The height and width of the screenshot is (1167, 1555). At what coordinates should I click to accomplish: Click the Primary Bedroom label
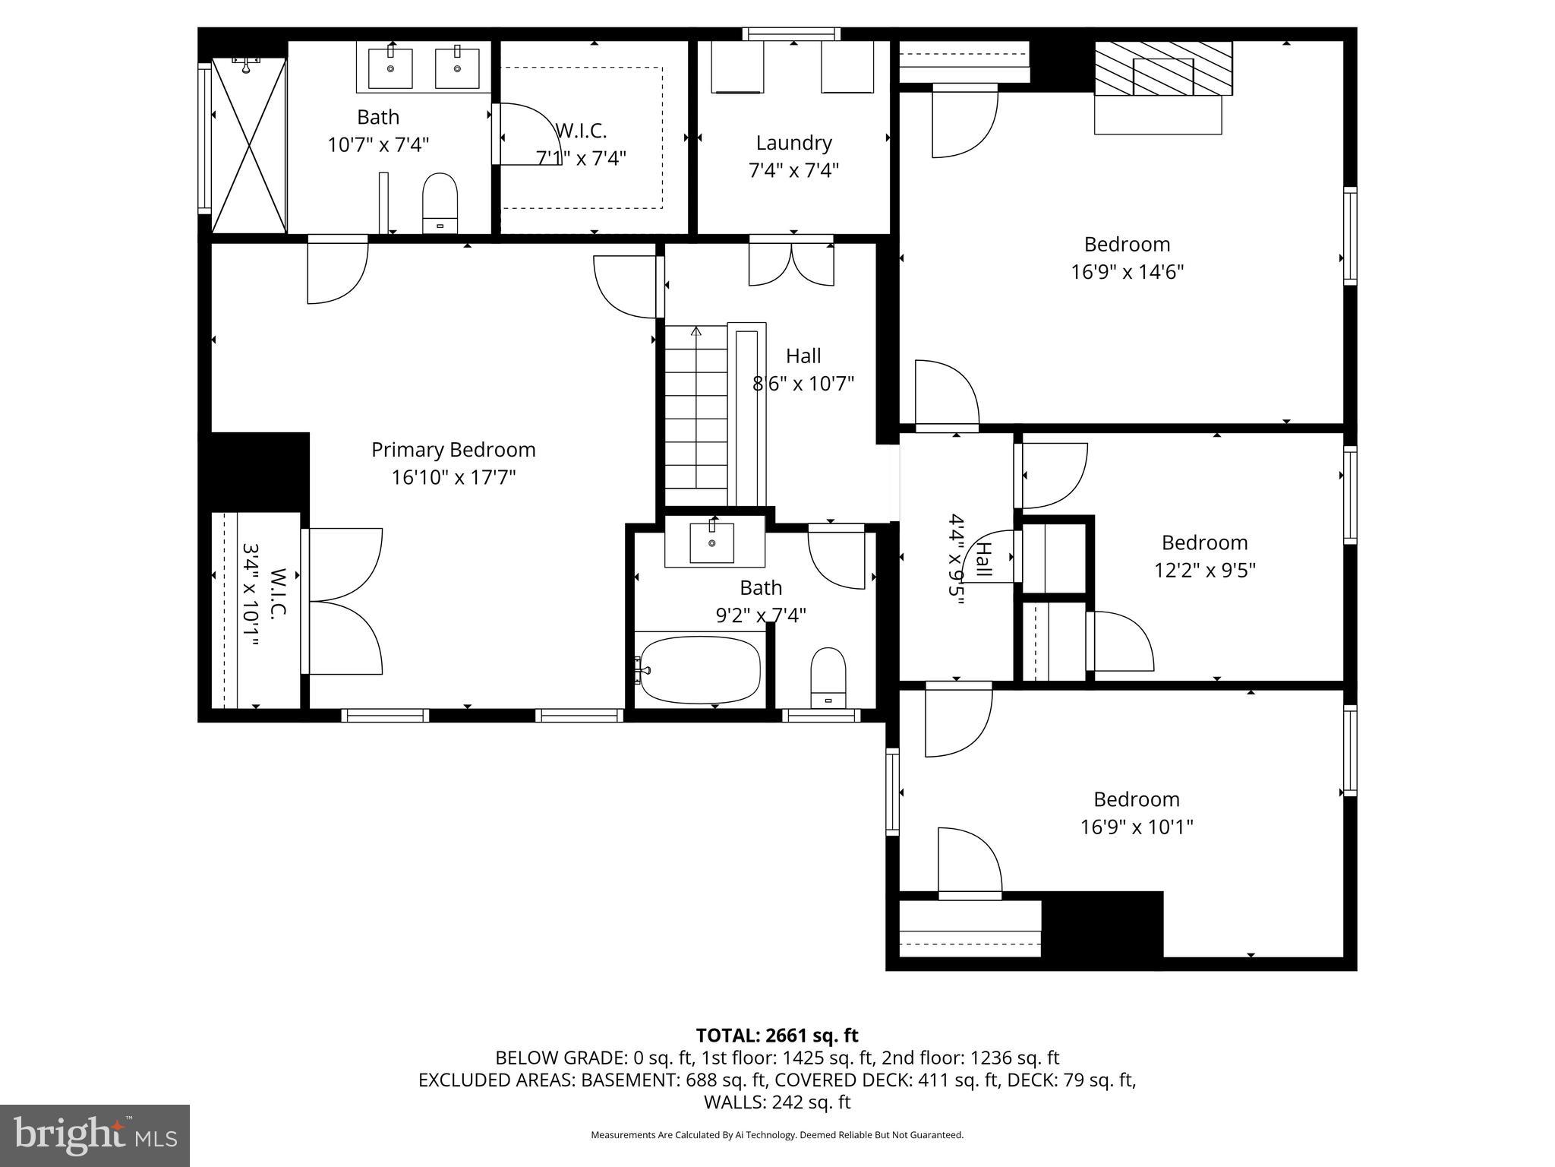[453, 450]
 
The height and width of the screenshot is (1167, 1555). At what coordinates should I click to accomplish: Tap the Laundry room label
[793, 143]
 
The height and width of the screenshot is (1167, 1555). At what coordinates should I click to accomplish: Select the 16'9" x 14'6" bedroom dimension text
[1127, 272]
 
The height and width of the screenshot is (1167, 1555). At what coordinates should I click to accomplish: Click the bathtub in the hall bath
[699, 669]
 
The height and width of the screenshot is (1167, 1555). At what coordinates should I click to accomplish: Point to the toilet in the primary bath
[440, 201]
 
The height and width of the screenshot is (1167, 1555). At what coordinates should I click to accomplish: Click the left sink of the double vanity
[390, 68]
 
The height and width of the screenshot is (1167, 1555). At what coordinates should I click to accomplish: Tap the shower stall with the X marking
[249, 144]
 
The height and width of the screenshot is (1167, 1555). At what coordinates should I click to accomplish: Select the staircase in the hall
[696, 414]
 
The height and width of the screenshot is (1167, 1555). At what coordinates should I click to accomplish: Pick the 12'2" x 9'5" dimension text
[1204, 570]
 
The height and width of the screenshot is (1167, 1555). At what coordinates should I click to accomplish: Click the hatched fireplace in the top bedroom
[1162, 68]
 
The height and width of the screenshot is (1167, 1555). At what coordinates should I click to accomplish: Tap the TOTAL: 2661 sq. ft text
[777, 1036]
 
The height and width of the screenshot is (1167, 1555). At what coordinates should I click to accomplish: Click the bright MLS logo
[95, 1135]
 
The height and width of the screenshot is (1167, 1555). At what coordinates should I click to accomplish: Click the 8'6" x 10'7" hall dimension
[803, 384]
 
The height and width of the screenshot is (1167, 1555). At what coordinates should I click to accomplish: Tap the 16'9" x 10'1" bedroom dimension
[1137, 827]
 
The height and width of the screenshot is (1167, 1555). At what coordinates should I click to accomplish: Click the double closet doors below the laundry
[791, 263]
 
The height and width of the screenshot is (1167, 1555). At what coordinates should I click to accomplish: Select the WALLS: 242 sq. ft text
[777, 1102]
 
